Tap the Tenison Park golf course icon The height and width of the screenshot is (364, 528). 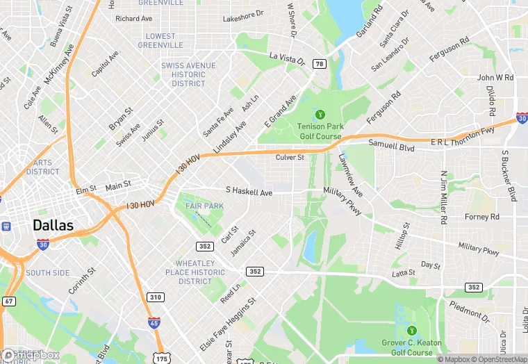pyautogui.click(x=320, y=114)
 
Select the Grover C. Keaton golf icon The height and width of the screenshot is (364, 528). pyautogui.click(x=412, y=330)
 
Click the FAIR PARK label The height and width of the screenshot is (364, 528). pyautogui.click(x=204, y=206)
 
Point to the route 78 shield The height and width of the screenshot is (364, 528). pyautogui.click(x=320, y=63)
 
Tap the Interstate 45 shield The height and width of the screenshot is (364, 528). pyautogui.click(x=154, y=322)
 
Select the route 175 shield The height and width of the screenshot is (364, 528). pyautogui.click(x=162, y=358)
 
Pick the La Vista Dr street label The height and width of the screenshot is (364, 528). pyautogui.click(x=287, y=58)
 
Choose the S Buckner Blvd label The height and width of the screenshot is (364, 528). pyautogui.click(x=509, y=176)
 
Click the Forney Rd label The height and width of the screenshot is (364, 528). pyautogui.click(x=481, y=217)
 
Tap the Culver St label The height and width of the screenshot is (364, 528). pyautogui.click(x=290, y=158)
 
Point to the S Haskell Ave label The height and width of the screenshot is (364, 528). pyautogui.click(x=249, y=191)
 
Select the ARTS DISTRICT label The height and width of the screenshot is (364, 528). pyautogui.click(x=43, y=167)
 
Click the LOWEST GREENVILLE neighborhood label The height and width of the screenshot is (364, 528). pyautogui.click(x=160, y=40)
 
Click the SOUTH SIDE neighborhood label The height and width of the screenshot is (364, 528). pyautogui.click(x=48, y=273)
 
